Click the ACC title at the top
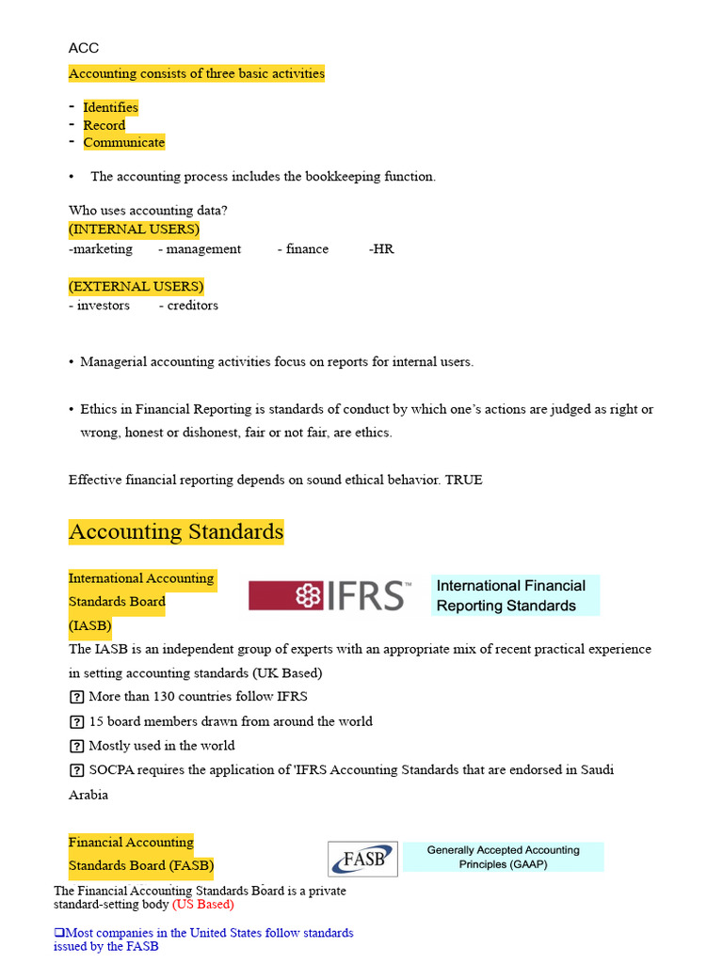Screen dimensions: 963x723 point(84,48)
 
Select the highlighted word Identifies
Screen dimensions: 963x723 point(110,107)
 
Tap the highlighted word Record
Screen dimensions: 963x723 point(104,125)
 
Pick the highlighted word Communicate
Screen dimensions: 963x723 point(123,143)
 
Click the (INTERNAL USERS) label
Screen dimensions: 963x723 point(134,229)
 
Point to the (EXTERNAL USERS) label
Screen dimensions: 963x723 point(136,286)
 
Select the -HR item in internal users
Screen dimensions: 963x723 point(381,249)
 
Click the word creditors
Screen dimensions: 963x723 point(192,306)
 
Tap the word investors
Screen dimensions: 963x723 point(103,306)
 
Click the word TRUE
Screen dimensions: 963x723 point(463,480)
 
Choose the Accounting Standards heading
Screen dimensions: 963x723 point(176,531)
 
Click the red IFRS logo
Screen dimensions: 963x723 point(330,595)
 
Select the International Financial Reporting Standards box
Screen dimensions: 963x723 point(515,595)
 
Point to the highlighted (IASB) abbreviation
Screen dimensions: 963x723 point(90,625)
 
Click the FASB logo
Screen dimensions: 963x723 point(362,859)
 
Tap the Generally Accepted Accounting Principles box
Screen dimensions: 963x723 point(503,857)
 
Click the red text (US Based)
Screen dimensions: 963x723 point(202,905)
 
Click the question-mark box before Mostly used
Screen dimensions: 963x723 point(76,746)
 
